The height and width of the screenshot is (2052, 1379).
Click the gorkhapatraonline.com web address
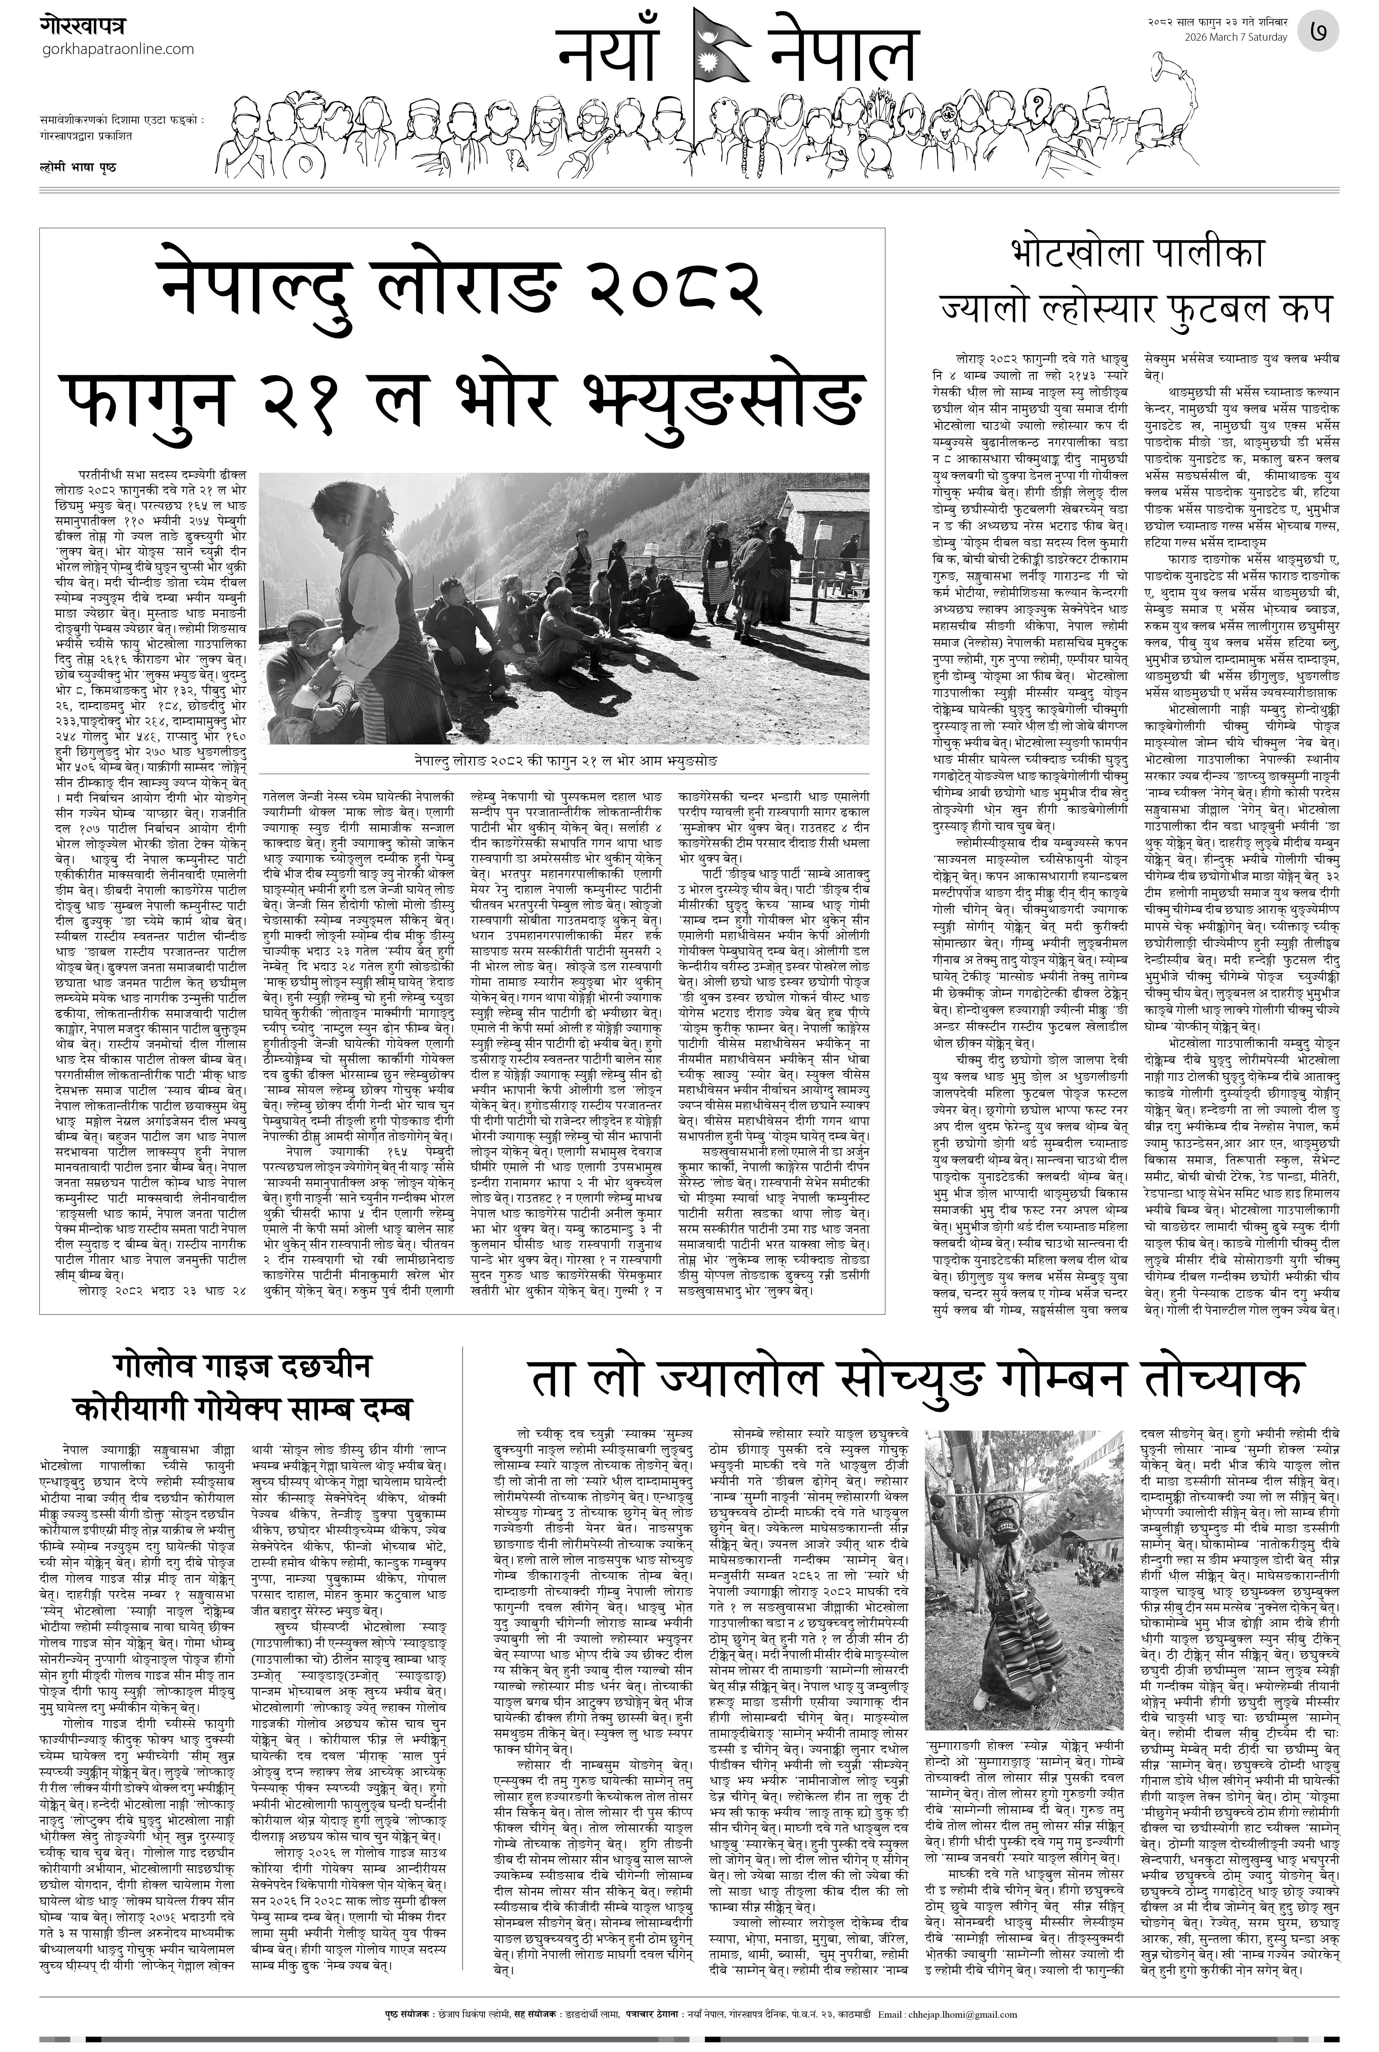pos(118,49)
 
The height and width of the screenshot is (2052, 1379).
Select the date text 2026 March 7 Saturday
pos(1235,38)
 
